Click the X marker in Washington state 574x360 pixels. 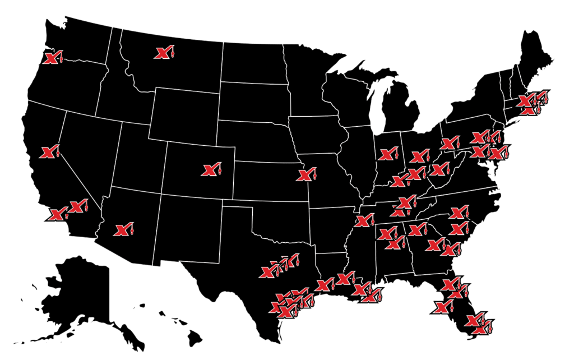coord(52,58)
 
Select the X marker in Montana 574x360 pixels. coord(163,53)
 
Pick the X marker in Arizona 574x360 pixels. coord(122,229)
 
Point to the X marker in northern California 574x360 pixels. coord(48,152)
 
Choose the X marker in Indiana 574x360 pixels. coord(387,154)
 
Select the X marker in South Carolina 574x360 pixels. coord(458,229)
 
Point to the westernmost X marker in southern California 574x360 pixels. coord(57,215)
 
